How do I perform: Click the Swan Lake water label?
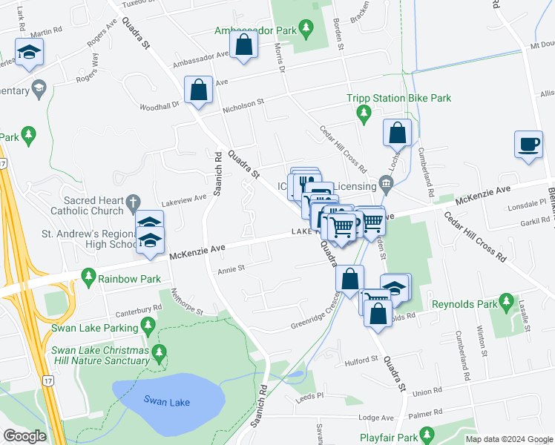166,402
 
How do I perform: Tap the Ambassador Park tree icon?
305,30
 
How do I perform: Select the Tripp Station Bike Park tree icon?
364,113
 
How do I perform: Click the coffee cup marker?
528,144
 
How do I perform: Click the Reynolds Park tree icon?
507,302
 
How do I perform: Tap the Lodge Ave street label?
376,418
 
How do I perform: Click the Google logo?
24,437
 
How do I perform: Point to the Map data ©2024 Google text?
510,439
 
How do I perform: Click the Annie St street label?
231,270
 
